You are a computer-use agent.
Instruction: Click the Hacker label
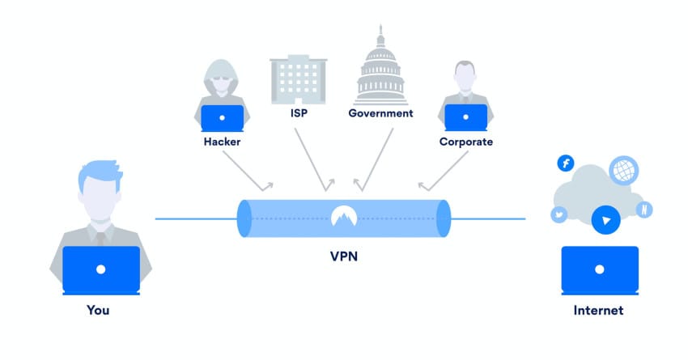click(x=223, y=142)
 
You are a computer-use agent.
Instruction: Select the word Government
click(x=380, y=113)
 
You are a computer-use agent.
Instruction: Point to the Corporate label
click(x=466, y=142)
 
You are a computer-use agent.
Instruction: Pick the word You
click(x=98, y=310)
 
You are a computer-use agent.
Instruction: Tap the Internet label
click(x=598, y=310)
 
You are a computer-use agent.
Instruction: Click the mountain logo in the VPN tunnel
click(x=344, y=216)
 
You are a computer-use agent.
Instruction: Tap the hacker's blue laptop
click(x=223, y=117)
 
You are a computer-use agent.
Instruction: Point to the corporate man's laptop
click(x=466, y=117)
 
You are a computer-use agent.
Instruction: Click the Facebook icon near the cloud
click(x=565, y=163)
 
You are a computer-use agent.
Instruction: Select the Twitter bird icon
click(x=558, y=214)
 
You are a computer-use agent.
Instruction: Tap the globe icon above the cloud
click(x=623, y=171)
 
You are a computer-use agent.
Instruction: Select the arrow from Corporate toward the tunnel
click(x=441, y=172)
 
